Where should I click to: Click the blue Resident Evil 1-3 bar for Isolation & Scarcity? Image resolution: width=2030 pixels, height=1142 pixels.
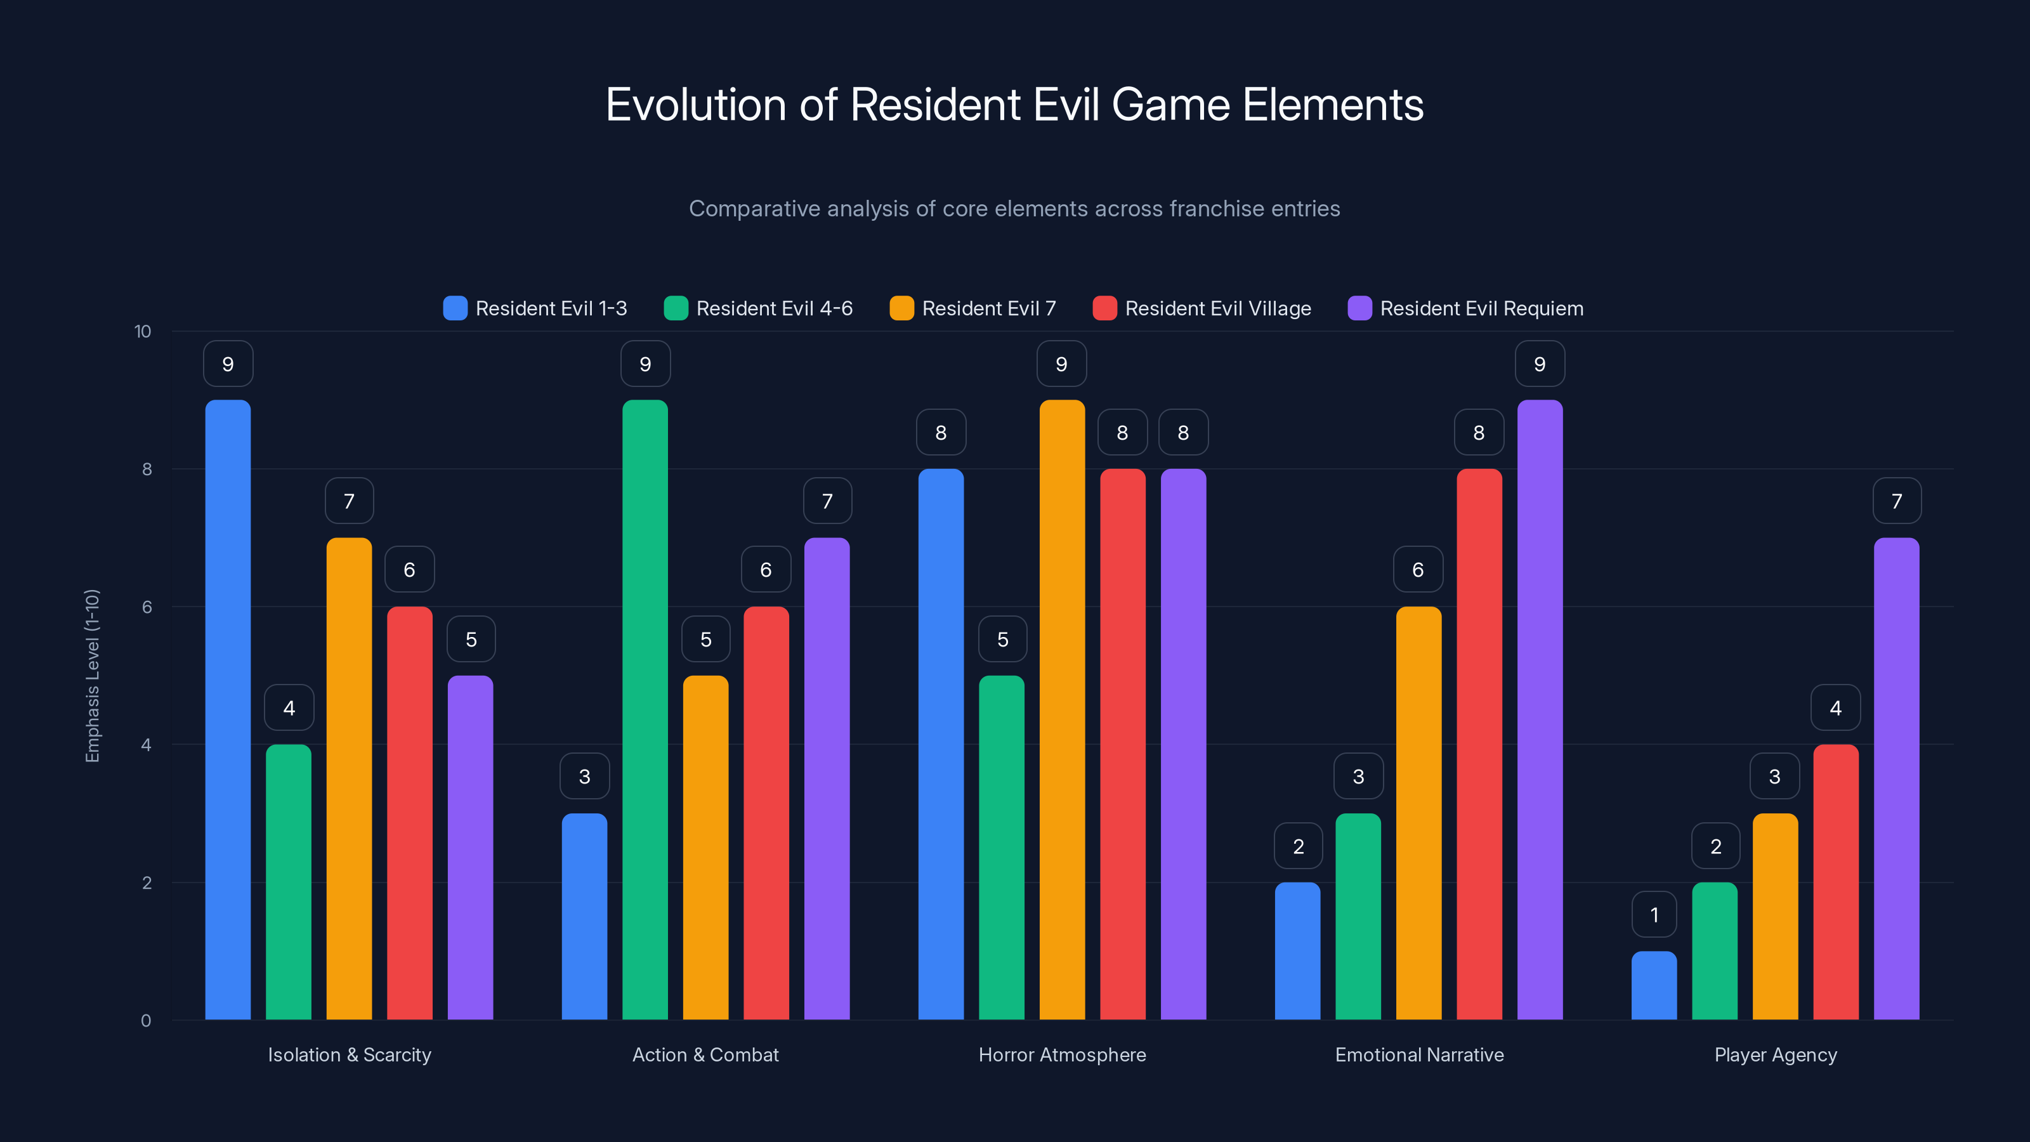[x=228, y=709]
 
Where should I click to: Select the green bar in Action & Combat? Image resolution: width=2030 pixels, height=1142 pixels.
[x=645, y=709]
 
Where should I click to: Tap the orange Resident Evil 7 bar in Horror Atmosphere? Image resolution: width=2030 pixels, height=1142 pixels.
[x=1061, y=709]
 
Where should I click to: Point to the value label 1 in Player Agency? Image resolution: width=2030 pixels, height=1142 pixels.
[x=1654, y=914]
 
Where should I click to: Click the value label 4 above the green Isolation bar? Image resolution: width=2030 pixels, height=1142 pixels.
[x=289, y=708]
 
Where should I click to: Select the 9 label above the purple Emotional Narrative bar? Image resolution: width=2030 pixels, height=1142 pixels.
[x=1539, y=364]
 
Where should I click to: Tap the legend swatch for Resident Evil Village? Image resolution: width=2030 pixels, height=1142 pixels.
[x=1104, y=308]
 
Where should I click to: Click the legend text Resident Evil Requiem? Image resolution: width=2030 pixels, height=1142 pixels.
[x=1481, y=308]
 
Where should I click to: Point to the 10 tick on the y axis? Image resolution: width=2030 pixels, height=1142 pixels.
[x=143, y=331]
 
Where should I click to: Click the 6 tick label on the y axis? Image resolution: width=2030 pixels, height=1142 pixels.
[x=147, y=607]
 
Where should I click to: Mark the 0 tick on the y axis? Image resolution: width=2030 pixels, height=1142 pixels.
[x=146, y=1021]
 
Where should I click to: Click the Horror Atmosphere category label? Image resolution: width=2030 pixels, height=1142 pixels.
[x=1061, y=1054]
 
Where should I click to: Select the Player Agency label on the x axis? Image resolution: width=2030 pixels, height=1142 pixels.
[x=1775, y=1054]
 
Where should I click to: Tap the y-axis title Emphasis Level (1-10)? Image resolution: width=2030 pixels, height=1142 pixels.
[x=92, y=676]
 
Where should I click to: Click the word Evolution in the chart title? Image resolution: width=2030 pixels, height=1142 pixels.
[x=695, y=105]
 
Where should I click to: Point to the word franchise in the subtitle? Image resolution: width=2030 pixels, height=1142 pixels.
[x=1214, y=209]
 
